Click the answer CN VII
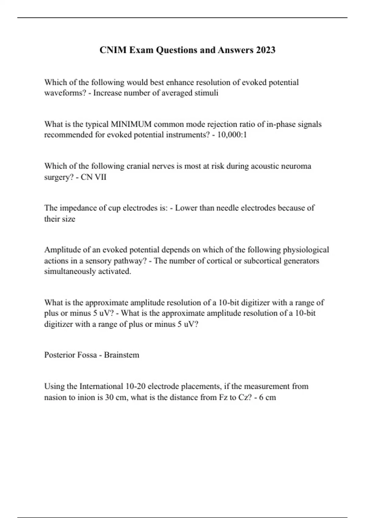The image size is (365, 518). pyautogui.click(x=94, y=177)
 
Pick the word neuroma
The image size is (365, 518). pyautogui.click(x=296, y=166)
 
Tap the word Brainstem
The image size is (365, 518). pyautogui.click(x=122, y=355)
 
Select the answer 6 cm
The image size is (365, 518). pyautogui.click(x=268, y=397)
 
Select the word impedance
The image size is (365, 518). pyautogui.click(x=78, y=208)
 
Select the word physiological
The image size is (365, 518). pyautogui.click(x=306, y=250)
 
